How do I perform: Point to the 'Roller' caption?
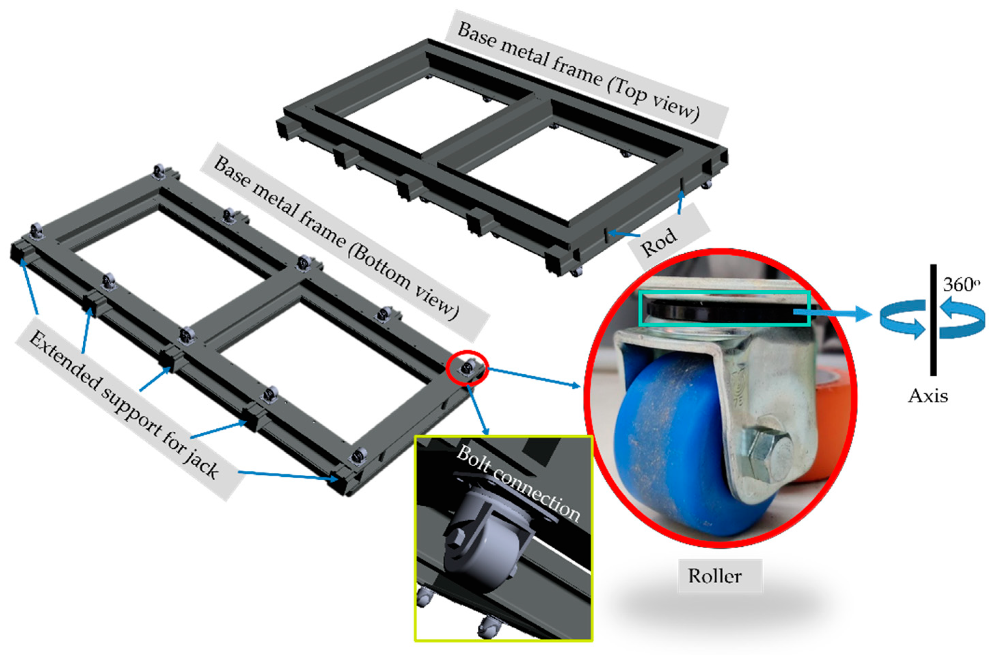coord(715,576)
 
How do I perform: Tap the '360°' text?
coord(961,285)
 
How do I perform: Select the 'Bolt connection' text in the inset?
coord(518,484)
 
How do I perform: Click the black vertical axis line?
coord(933,320)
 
